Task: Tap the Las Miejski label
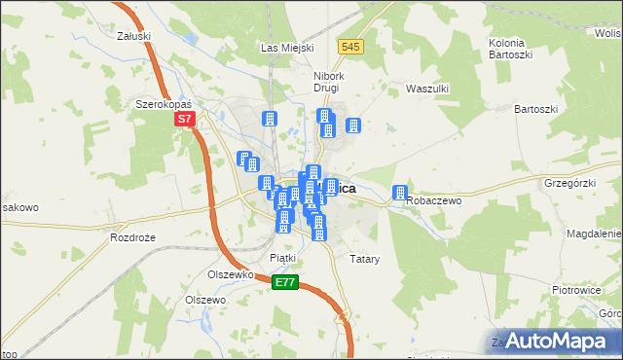pyautogui.click(x=285, y=47)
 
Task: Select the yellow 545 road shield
pyautogui.click(x=351, y=46)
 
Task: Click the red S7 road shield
pyautogui.click(x=185, y=121)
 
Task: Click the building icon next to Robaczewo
pyautogui.click(x=399, y=193)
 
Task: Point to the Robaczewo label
pyautogui.click(x=434, y=199)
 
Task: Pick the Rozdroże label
pyautogui.click(x=134, y=237)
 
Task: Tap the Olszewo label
pyautogui.click(x=205, y=301)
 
